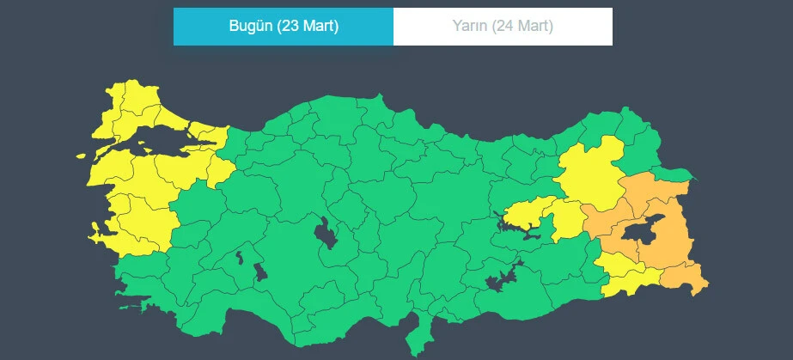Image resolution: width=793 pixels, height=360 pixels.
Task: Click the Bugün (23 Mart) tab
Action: (x=284, y=27)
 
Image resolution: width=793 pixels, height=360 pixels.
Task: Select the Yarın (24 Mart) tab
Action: (x=503, y=27)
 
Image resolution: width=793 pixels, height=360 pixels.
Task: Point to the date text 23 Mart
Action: (x=307, y=27)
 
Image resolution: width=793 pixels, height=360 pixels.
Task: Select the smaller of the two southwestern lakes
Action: (x=240, y=255)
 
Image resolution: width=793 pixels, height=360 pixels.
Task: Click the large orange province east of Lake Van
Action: (x=674, y=232)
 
